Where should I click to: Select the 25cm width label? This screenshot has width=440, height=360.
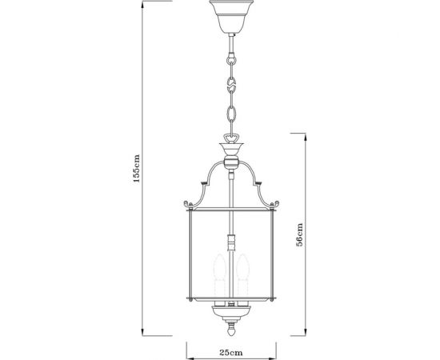pyautogui.click(x=230, y=350)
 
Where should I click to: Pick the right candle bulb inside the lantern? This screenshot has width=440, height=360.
pyautogui.click(x=242, y=272)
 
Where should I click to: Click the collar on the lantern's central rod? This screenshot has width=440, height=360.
pyautogui.click(x=230, y=240)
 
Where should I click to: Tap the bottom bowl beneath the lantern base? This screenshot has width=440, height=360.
pyautogui.click(x=230, y=311)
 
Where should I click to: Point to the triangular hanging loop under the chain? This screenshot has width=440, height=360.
pyautogui.click(x=230, y=136)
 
